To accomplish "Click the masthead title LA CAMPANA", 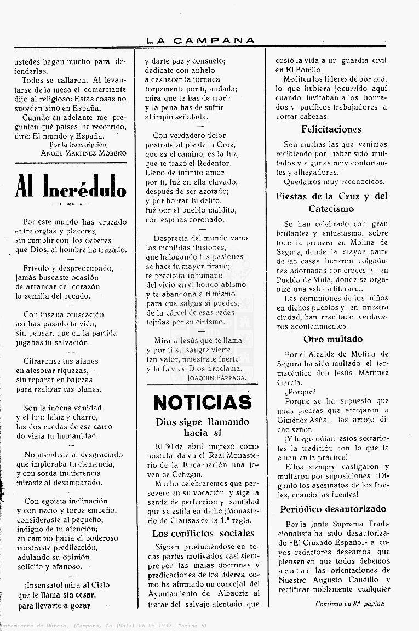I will click(201, 41).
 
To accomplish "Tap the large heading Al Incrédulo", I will click(71, 186).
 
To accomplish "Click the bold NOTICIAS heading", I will click(202, 403).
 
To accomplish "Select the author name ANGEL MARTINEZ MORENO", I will click(83, 153).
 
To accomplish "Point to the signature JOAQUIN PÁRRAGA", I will click(216, 377).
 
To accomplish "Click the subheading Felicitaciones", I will click(331, 129).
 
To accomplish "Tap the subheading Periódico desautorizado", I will click(333, 509).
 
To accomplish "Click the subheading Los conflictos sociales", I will click(203, 533).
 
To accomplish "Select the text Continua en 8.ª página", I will click(349, 604).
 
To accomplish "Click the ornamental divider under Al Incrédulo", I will click(70, 204).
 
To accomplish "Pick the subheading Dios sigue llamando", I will click(202, 422).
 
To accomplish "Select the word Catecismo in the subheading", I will click(331, 209).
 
